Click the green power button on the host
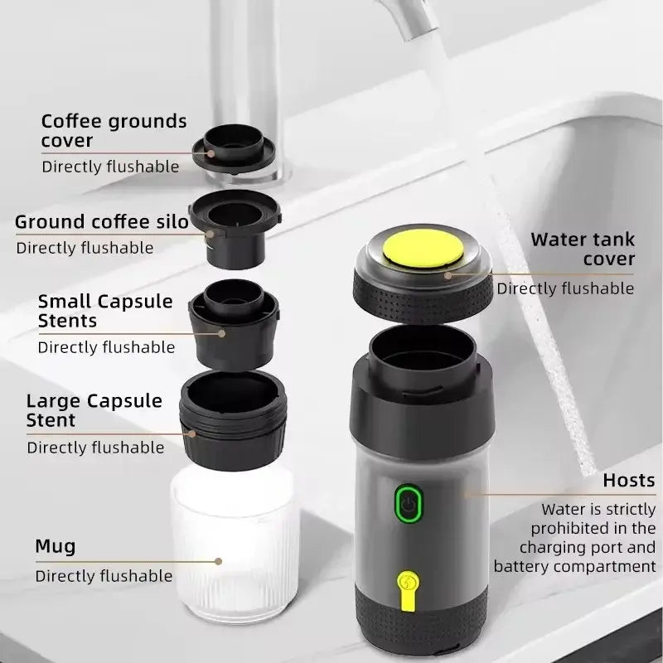coord(406,503)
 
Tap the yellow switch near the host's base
coord(406,586)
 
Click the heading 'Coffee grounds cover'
coord(114,131)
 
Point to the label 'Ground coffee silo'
coord(102,222)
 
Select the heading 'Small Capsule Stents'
coord(105,311)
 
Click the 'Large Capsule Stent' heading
coord(94,410)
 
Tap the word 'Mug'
coord(56,546)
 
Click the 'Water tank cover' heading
coord(583,249)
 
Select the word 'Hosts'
coord(628,480)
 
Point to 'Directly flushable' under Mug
coord(104,576)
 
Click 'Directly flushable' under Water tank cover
coord(565,288)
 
